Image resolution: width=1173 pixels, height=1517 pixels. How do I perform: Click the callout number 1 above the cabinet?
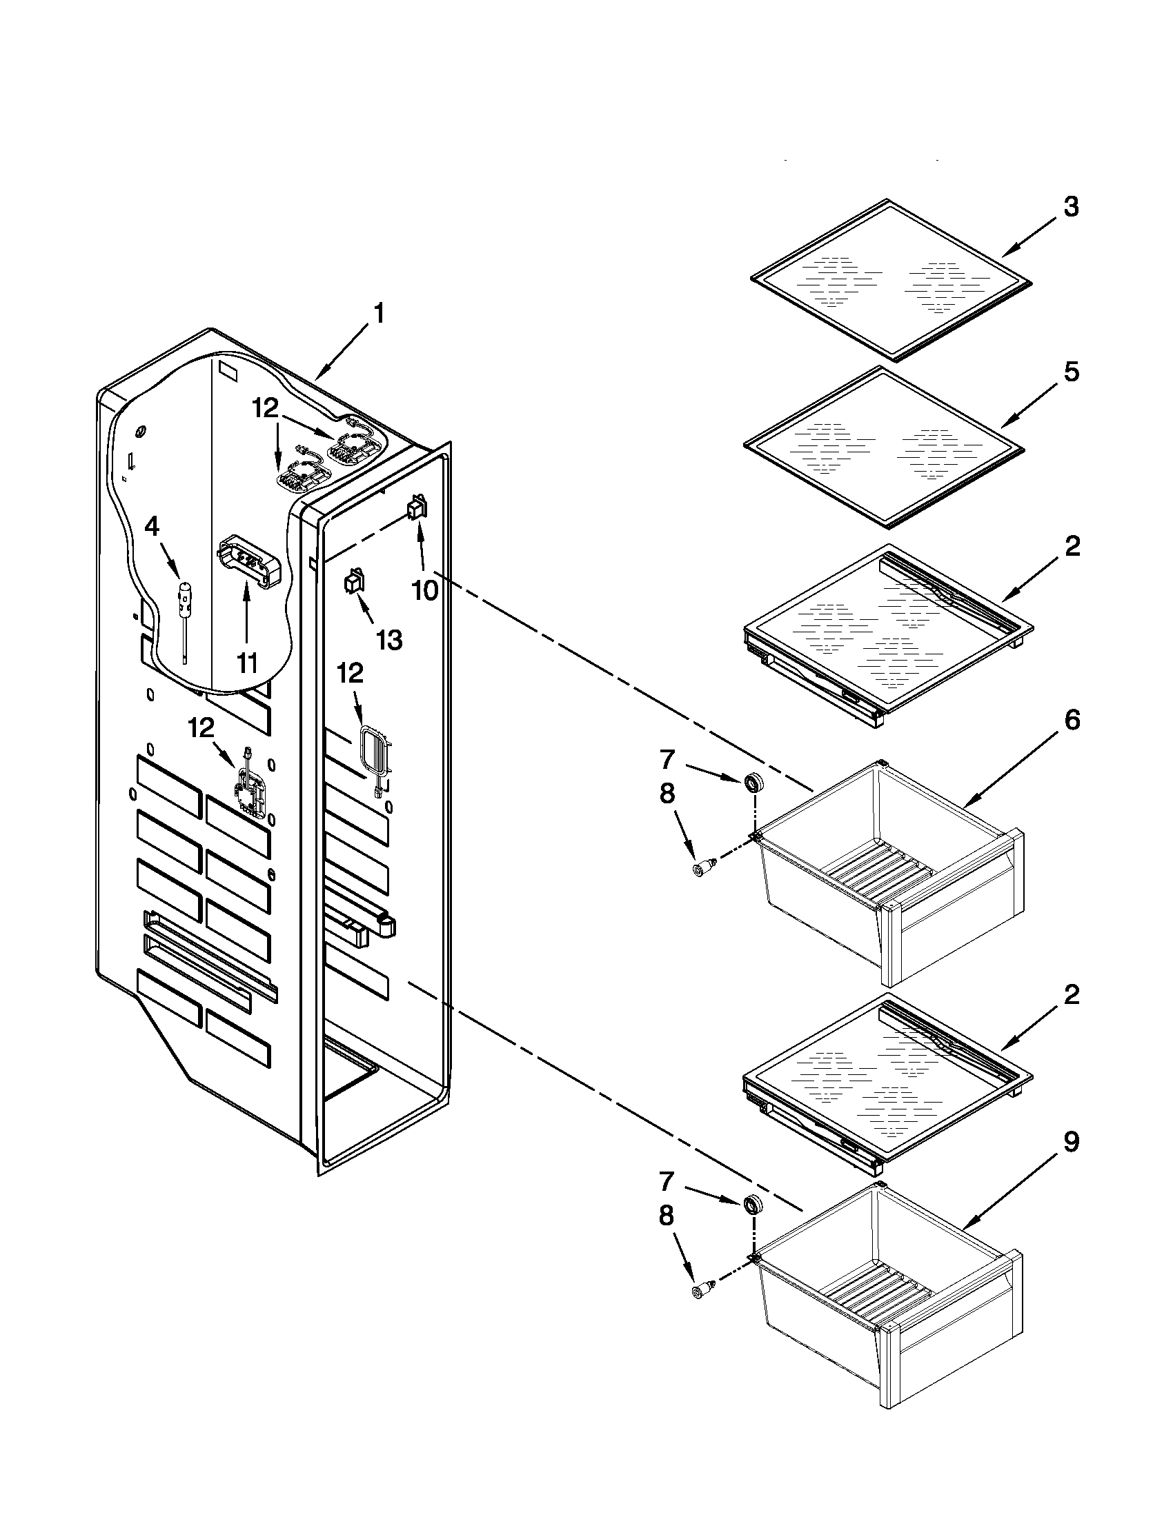coord(379,314)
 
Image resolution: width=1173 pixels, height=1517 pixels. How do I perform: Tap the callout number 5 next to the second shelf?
coord(1071,372)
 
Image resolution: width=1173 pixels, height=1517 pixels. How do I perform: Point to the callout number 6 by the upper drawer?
coord(1072,721)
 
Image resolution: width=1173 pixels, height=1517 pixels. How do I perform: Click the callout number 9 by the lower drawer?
coord(1072,1141)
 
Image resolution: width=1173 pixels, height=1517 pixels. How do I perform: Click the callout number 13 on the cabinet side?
coord(389,640)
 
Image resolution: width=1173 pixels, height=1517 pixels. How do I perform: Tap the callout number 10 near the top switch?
coord(424,590)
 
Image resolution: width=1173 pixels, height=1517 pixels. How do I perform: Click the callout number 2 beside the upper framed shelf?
coord(1072,547)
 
